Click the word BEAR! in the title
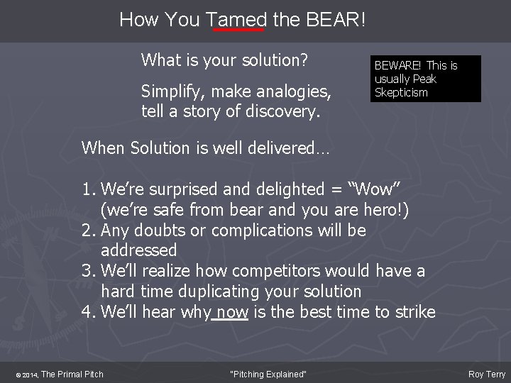tap(336, 19)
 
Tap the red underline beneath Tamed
tap(238, 30)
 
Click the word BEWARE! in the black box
tap(398, 66)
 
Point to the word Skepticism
tap(401, 92)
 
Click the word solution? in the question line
tap(272, 60)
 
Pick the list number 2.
tap(87, 231)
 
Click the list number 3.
tap(87, 271)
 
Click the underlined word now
tap(232, 312)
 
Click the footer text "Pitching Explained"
tap(269, 374)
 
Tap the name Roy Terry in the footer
tap(487, 374)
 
